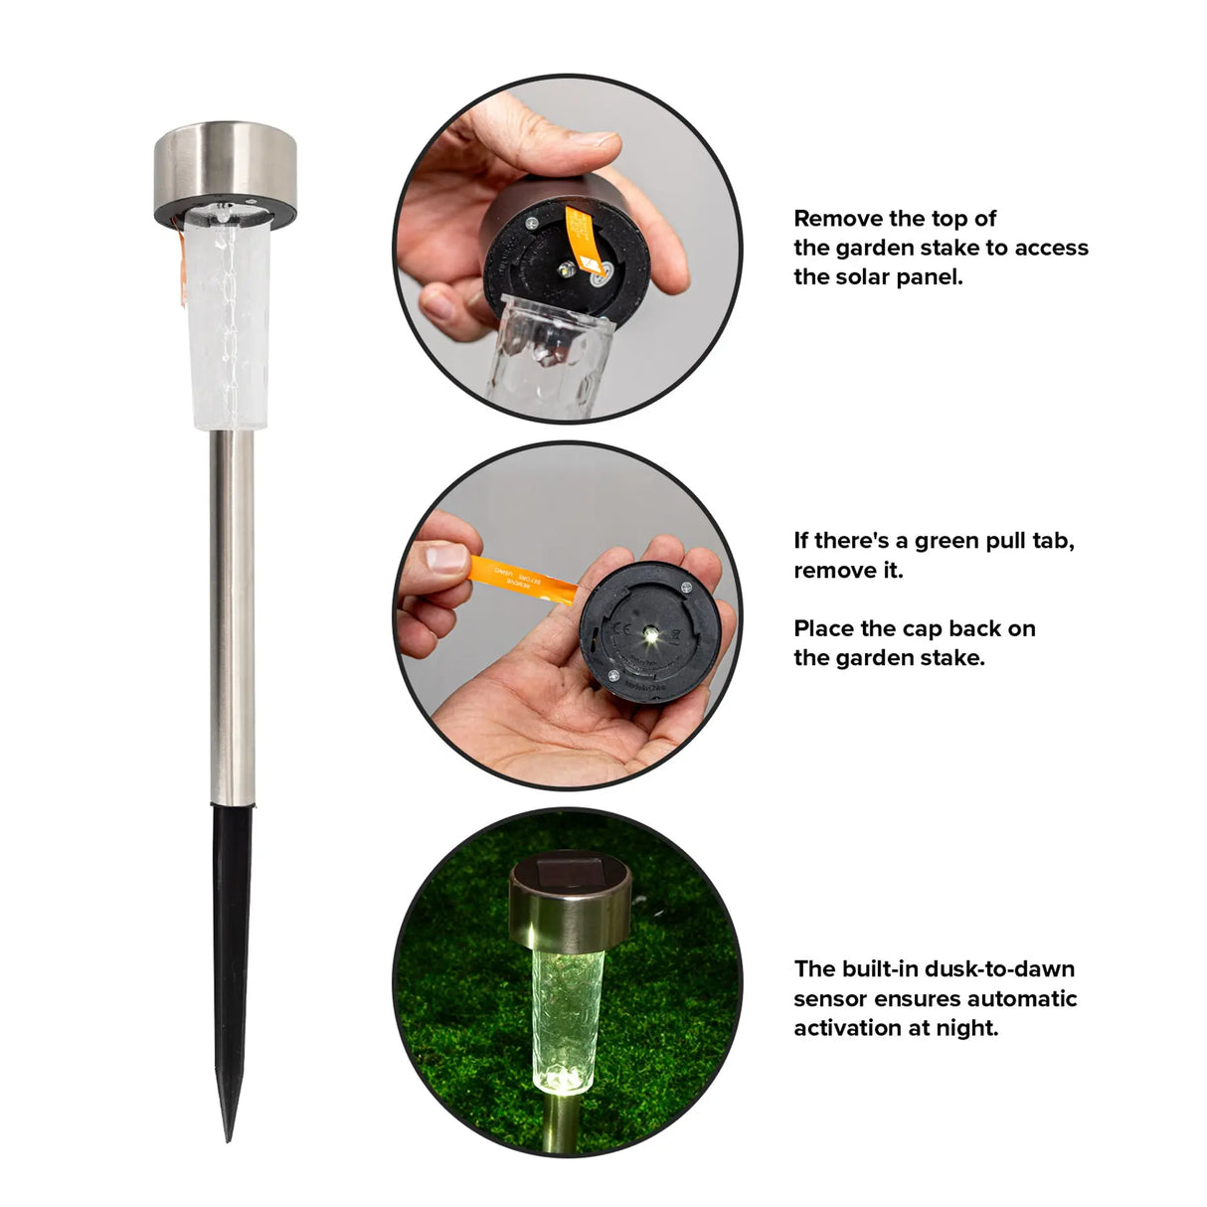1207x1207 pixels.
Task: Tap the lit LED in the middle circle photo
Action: (x=650, y=632)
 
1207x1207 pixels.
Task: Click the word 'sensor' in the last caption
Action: (x=830, y=999)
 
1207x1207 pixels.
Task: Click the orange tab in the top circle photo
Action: (x=582, y=239)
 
